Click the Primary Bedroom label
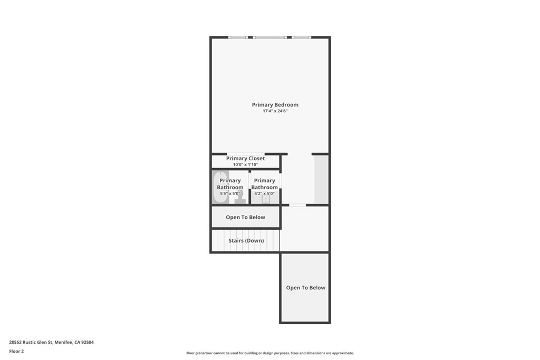(275, 105)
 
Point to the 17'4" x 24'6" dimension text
(275, 111)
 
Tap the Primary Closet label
(245, 158)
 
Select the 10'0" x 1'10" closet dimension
(245, 164)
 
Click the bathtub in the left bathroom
(220, 187)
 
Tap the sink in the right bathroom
(265, 199)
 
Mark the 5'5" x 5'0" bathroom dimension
(230, 193)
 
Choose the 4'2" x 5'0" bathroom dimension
(264, 193)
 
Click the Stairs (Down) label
(246, 241)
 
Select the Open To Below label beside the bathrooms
(245, 217)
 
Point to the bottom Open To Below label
(305, 288)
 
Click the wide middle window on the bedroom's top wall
(269, 37)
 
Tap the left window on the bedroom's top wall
(238, 37)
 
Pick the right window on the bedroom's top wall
(301, 37)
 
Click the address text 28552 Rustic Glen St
(51, 342)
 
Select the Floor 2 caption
(16, 351)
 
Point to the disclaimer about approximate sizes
(269, 353)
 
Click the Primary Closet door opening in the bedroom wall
(246, 154)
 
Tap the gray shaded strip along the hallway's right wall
(321, 179)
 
